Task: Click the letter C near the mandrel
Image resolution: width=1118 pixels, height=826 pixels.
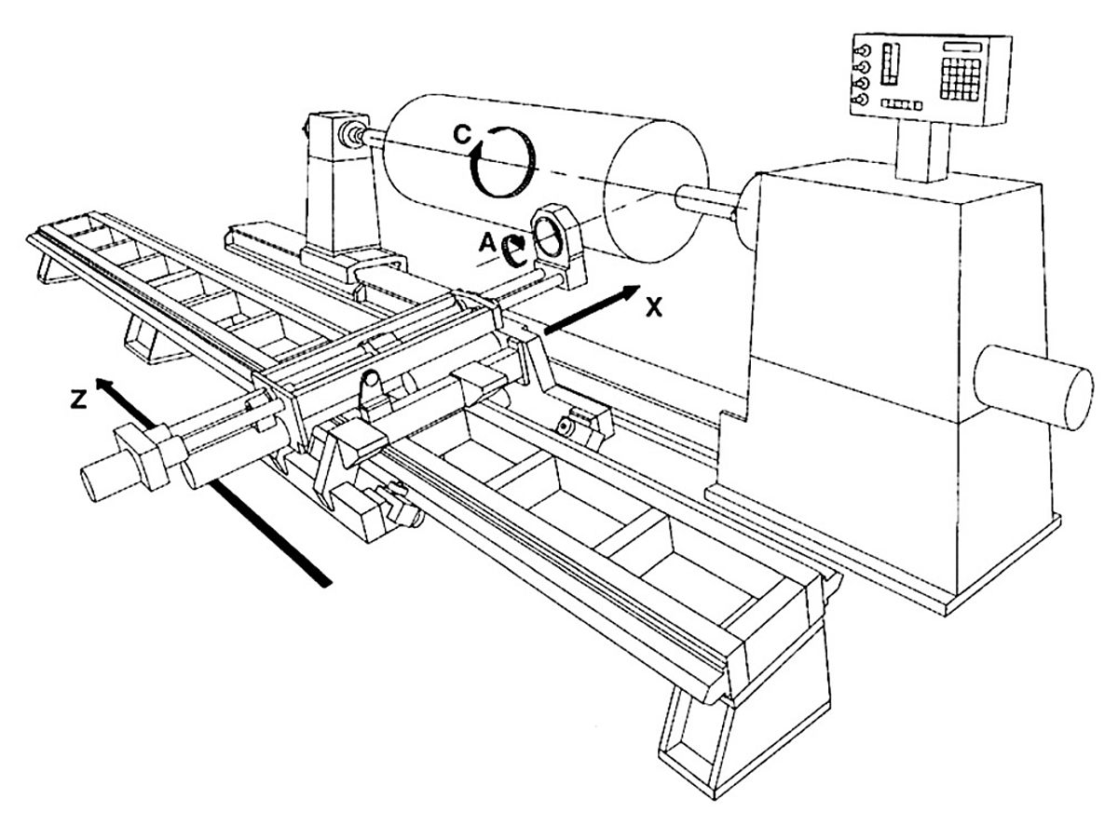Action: click(463, 134)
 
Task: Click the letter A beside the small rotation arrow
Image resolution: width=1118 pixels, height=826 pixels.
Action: click(485, 242)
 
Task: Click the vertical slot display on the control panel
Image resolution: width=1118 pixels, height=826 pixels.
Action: click(887, 64)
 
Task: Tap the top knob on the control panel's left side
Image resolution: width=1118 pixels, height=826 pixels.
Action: click(862, 50)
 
